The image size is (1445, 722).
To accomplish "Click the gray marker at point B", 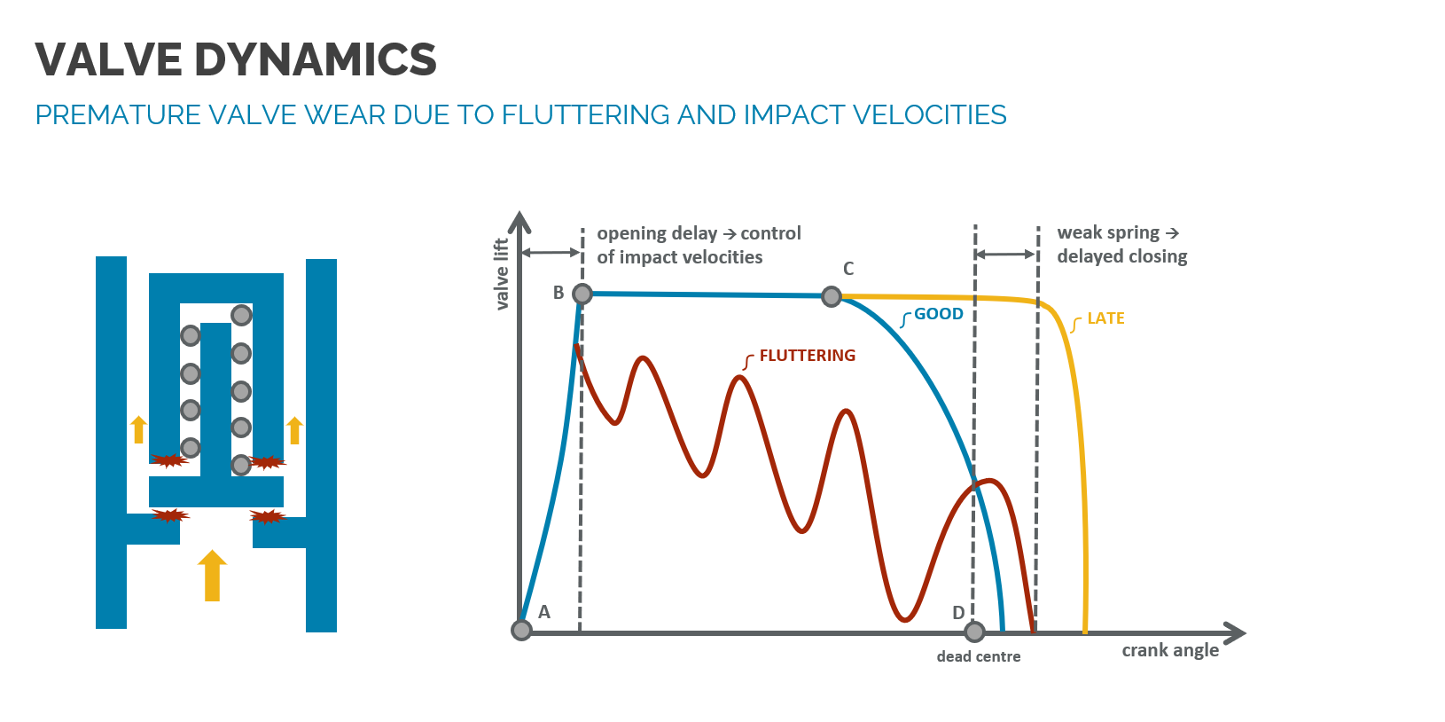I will click(x=582, y=294).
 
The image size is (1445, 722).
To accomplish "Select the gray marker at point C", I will click(x=832, y=296).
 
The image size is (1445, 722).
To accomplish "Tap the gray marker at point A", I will click(x=522, y=630).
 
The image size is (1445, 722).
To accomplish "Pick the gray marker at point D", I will click(x=975, y=632).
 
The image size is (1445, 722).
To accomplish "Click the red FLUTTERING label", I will click(x=807, y=356).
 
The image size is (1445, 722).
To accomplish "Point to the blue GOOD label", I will click(x=938, y=314).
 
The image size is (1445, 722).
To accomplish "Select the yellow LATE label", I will click(x=1105, y=318).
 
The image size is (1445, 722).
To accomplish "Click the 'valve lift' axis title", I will click(x=502, y=274).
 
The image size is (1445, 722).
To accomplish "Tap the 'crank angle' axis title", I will click(x=1170, y=650).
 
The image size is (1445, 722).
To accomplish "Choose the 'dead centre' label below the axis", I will click(x=979, y=656).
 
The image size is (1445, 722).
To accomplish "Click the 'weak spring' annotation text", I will click(x=1108, y=232).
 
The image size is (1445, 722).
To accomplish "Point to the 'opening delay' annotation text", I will click(x=657, y=233).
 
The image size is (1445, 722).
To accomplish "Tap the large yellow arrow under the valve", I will click(x=212, y=576).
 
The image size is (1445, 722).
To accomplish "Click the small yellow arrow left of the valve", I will click(x=138, y=429).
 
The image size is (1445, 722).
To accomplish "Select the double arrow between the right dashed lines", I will click(x=1006, y=255).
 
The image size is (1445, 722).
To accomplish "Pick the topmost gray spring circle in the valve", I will click(x=241, y=315).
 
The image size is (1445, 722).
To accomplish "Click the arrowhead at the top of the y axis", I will click(x=520, y=222).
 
